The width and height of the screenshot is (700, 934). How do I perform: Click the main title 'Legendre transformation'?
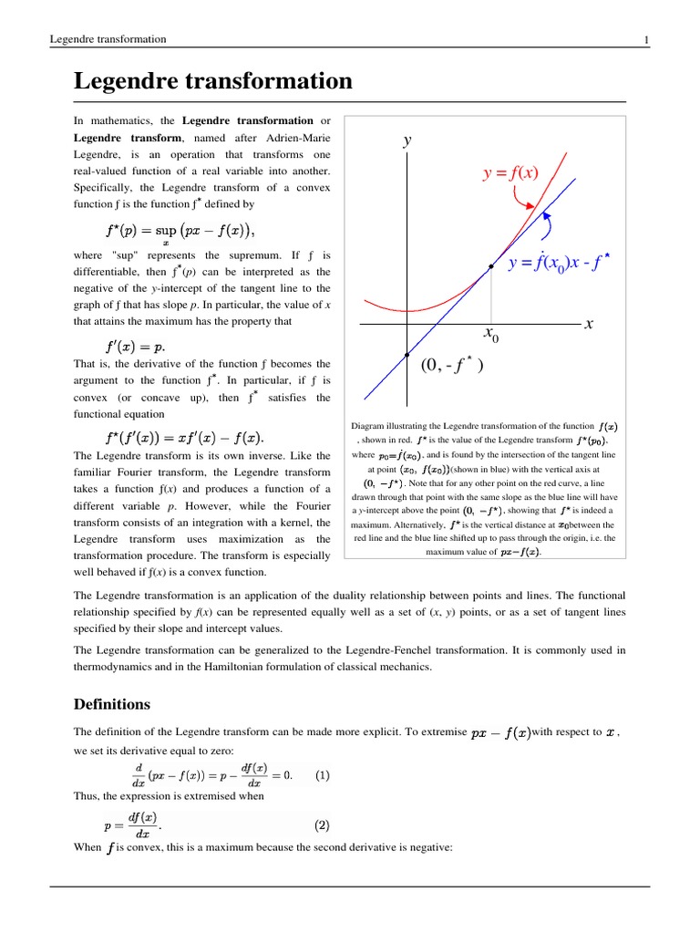[x=212, y=81]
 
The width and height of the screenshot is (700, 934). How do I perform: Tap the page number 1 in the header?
[x=645, y=39]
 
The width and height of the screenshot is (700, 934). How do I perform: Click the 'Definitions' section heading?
[x=111, y=704]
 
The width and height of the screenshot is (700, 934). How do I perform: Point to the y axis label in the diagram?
[x=407, y=140]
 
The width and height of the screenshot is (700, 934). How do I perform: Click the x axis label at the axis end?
[x=589, y=323]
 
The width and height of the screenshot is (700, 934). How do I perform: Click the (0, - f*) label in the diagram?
[x=451, y=367]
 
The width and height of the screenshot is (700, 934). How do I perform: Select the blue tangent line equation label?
[x=558, y=265]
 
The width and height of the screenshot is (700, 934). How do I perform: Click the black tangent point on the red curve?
[x=490, y=266]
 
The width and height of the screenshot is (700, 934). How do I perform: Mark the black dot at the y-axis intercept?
[x=407, y=354]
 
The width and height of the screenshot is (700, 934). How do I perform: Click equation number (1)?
[x=323, y=775]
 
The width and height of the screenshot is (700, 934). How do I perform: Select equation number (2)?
[x=323, y=825]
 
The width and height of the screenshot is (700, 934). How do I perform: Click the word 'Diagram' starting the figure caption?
[x=368, y=426]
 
